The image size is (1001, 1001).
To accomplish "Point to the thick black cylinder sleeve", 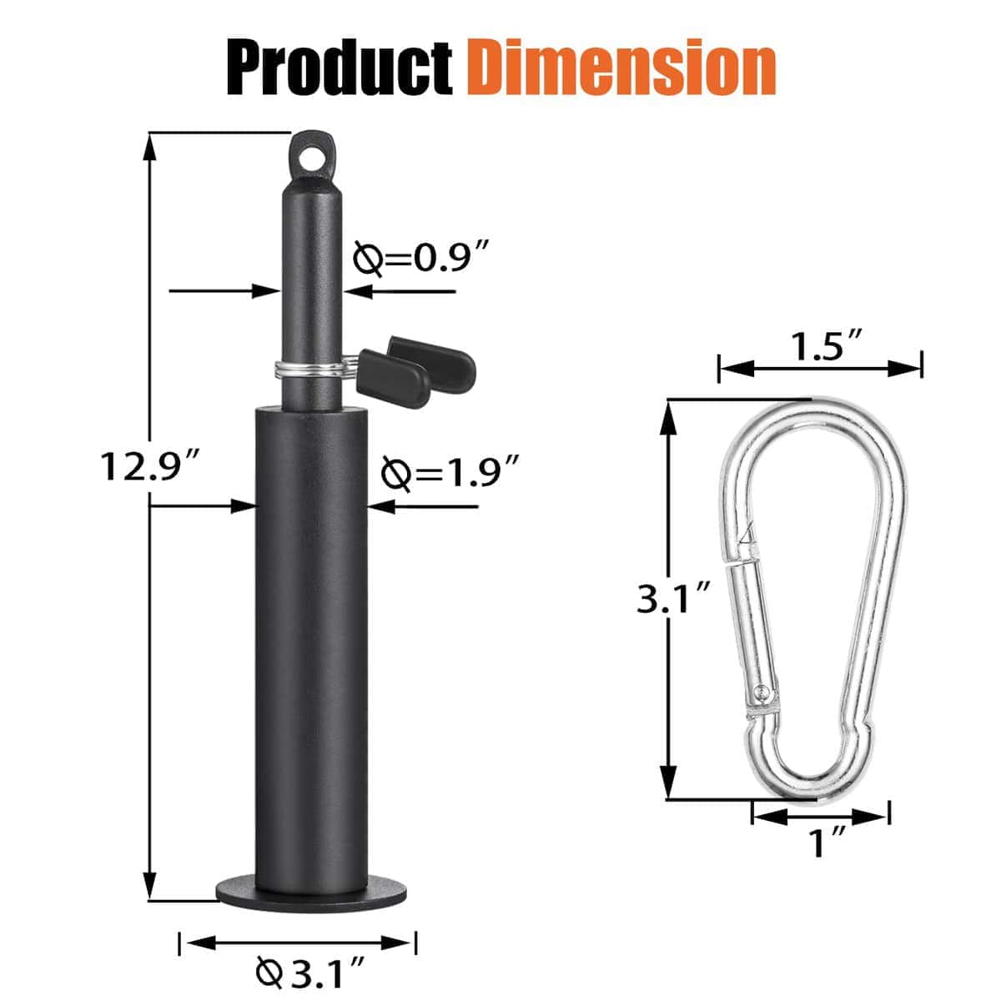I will pyautogui.click(x=311, y=634).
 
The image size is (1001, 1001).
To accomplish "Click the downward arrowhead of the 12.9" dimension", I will pyautogui.click(x=150, y=888).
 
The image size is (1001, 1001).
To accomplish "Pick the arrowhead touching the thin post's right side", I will pyautogui.click(x=355, y=291).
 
